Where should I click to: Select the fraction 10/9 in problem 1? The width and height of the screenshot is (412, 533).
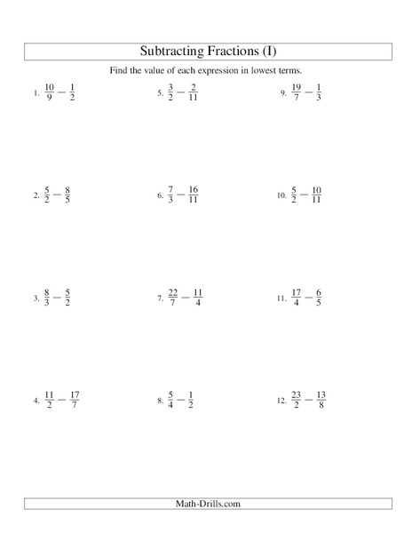(x=49, y=92)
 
